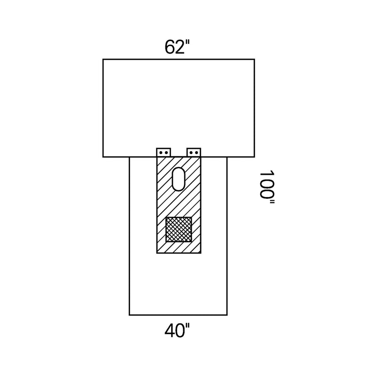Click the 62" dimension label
pos(177,47)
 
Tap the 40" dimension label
pos(177,331)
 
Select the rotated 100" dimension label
pos(267,187)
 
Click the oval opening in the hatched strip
pos(179,179)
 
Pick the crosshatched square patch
pos(179,229)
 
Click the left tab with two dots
pos(164,152)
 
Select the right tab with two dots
pos(194,152)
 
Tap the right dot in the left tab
pos(166,153)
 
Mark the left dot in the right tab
pos(191,153)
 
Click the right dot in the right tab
pos(197,153)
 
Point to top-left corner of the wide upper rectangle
pos(103,59)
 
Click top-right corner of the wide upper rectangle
pos(254,59)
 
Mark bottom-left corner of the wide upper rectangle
pos(103,157)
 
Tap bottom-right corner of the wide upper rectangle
pos(254,157)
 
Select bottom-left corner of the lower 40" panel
pos(129,315)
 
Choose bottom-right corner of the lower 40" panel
pos(227,315)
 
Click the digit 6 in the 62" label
pos(170,47)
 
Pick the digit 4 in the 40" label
pos(170,331)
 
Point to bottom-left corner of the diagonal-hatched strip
pos(157,253)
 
